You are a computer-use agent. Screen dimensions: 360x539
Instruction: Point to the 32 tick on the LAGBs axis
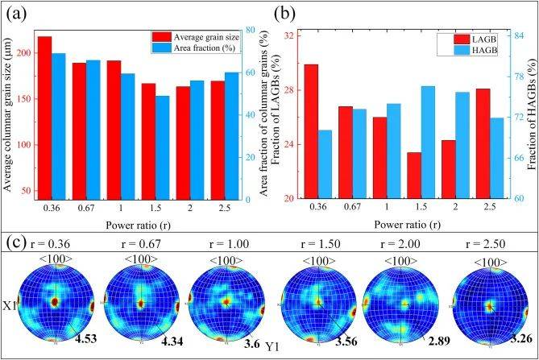(288, 35)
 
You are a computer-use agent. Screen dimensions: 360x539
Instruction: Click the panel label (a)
(17, 11)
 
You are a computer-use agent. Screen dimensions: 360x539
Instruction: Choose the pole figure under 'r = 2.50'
(489, 304)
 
